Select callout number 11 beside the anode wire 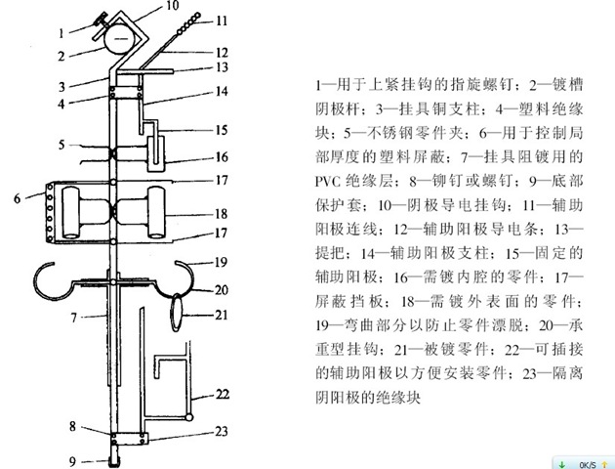(x=221, y=20)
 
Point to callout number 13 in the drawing (x=221, y=66)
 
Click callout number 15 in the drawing (x=222, y=129)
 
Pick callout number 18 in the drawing (x=221, y=213)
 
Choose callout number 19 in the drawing (x=221, y=261)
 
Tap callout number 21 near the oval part (x=221, y=314)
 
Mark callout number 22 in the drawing (x=222, y=395)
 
